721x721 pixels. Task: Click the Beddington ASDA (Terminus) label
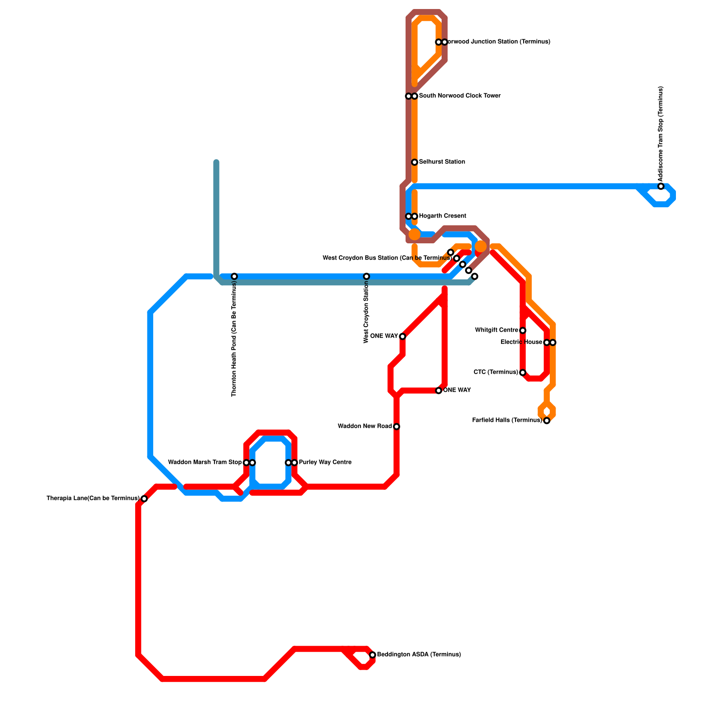pyautogui.click(x=419, y=655)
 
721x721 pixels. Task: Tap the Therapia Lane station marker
pyautogui.click(x=144, y=498)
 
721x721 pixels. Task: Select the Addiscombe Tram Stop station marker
pyautogui.click(x=661, y=187)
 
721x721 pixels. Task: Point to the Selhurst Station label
pyautogui.click(x=442, y=162)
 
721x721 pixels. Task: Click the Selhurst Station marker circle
pyautogui.click(x=415, y=162)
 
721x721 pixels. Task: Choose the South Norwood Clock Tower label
pyautogui.click(x=459, y=96)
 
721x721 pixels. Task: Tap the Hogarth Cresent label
pyautogui.click(x=442, y=216)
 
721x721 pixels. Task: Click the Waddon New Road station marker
pyautogui.click(x=397, y=427)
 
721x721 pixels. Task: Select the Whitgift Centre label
pyautogui.click(x=497, y=330)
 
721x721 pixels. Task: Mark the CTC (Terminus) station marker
pyautogui.click(x=523, y=373)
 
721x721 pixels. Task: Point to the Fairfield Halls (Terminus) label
pyautogui.click(x=507, y=420)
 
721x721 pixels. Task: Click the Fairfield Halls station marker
pyautogui.click(x=547, y=421)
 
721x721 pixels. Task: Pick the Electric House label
pyautogui.click(x=521, y=342)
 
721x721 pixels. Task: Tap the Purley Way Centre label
pyautogui.click(x=325, y=462)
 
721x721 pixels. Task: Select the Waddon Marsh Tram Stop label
pyautogui.click(x=205, y=462)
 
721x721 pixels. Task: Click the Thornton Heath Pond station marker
pyautogui.click(x=234, y=276)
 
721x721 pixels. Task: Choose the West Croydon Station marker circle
pyautogui.click(x=367, y=276)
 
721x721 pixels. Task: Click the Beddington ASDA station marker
pyautogui.click(x=373, y=655)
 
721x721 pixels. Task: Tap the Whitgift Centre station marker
pyautogui.click(x=523, y=331)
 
